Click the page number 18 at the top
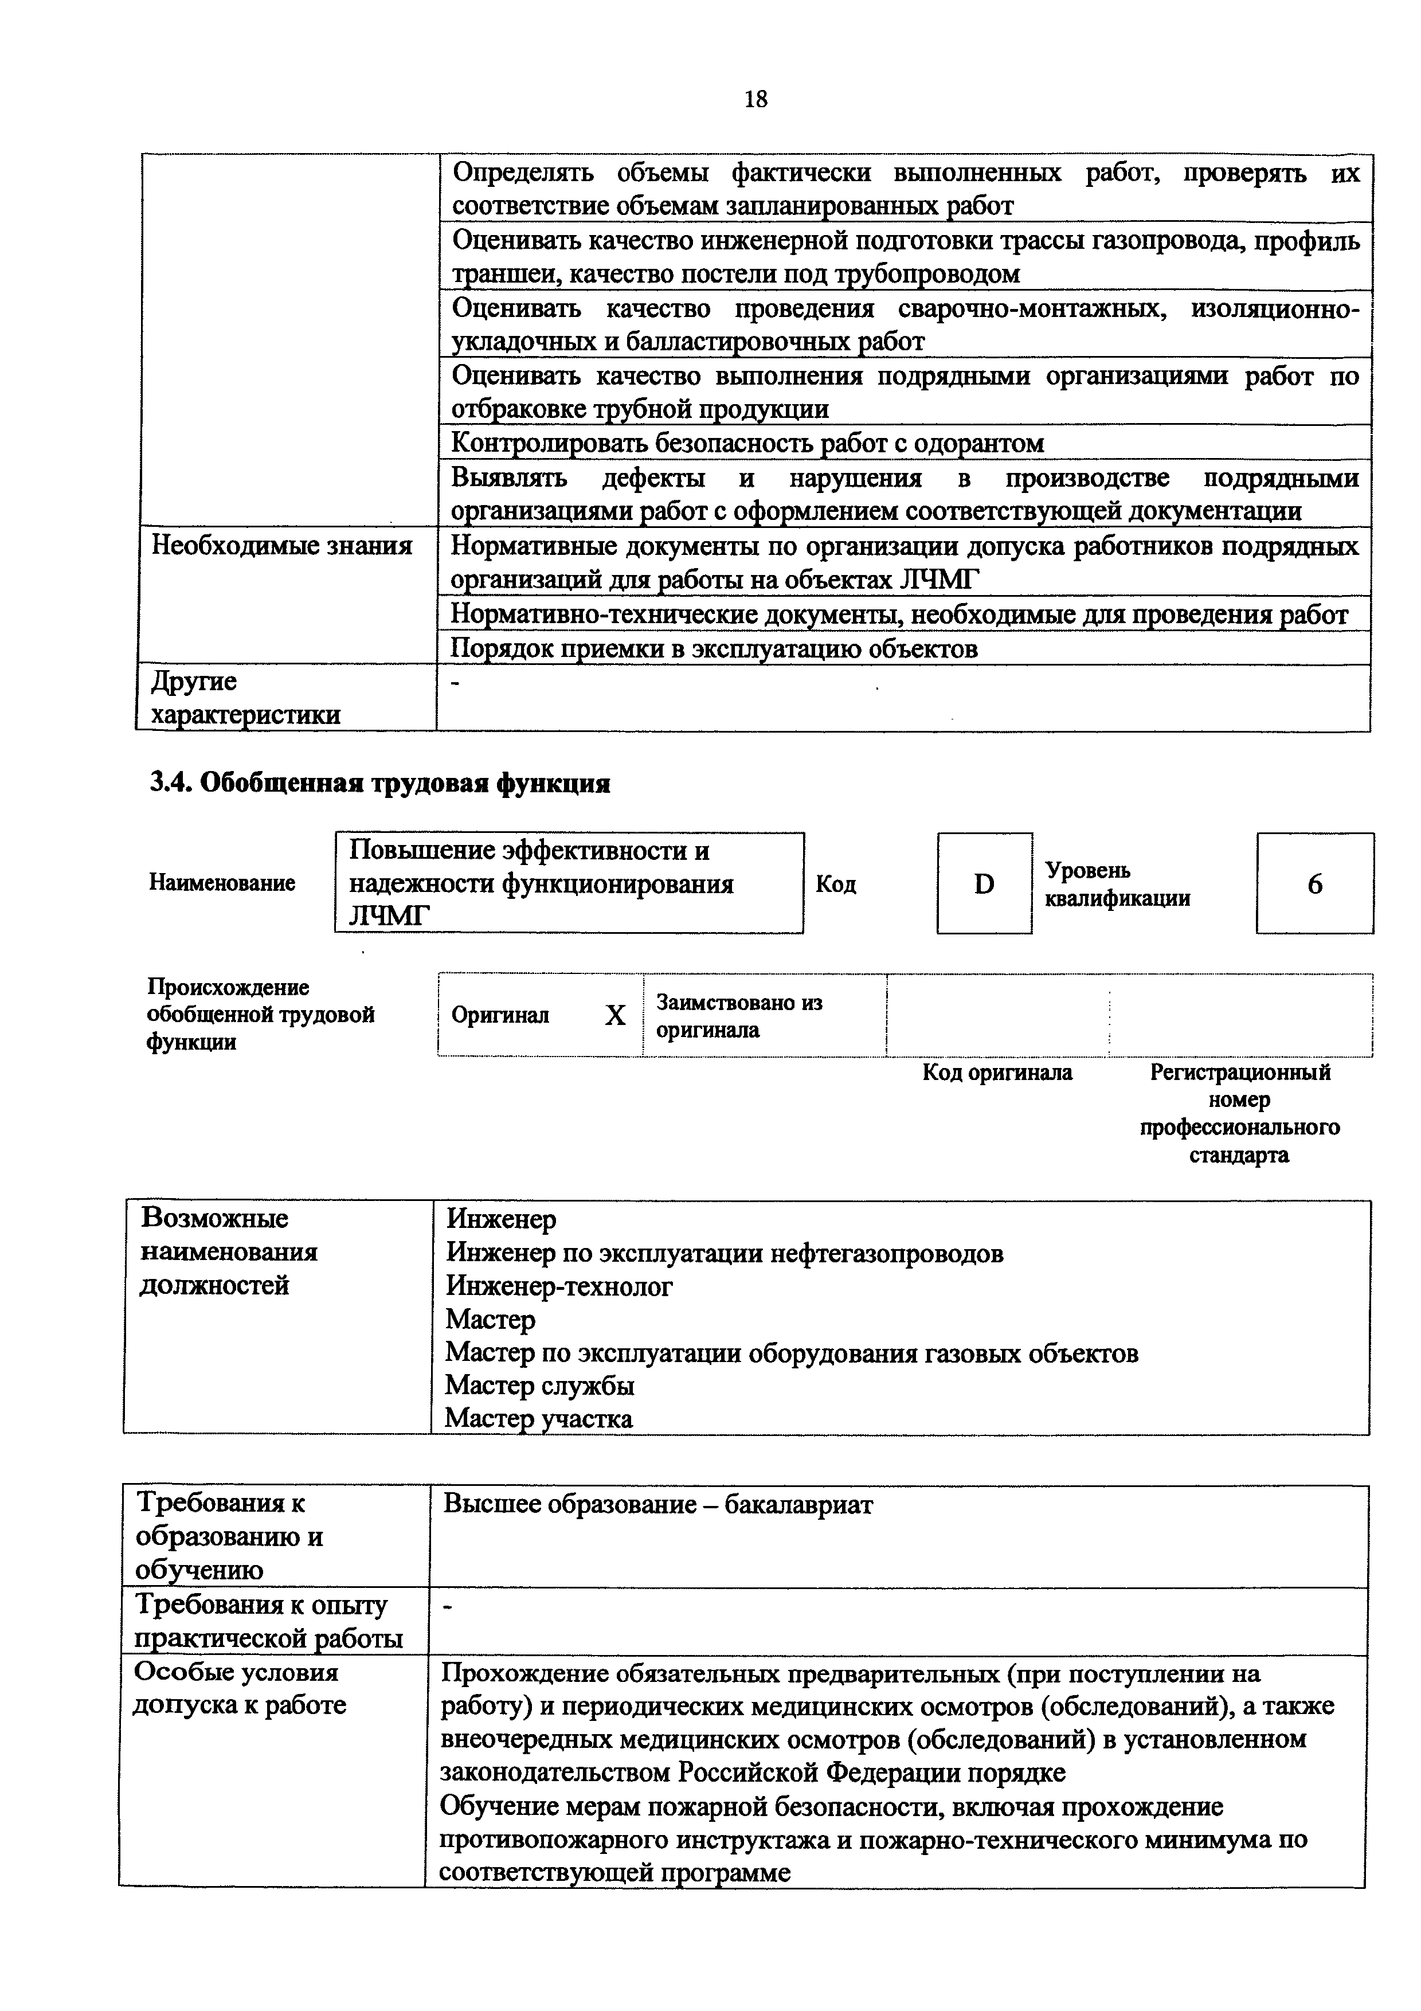[755, 99]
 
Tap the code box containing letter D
[984, 884]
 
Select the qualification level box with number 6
[1314, 884]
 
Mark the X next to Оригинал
[616, 1015]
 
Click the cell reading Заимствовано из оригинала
[740, 1016]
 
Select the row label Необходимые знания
[282, 546]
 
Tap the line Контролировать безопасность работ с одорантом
[747, 443]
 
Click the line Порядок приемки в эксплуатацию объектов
[714, 648]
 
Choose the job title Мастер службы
[539, 1385]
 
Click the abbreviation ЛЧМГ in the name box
[389, 916]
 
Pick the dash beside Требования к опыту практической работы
[448, 1606]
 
